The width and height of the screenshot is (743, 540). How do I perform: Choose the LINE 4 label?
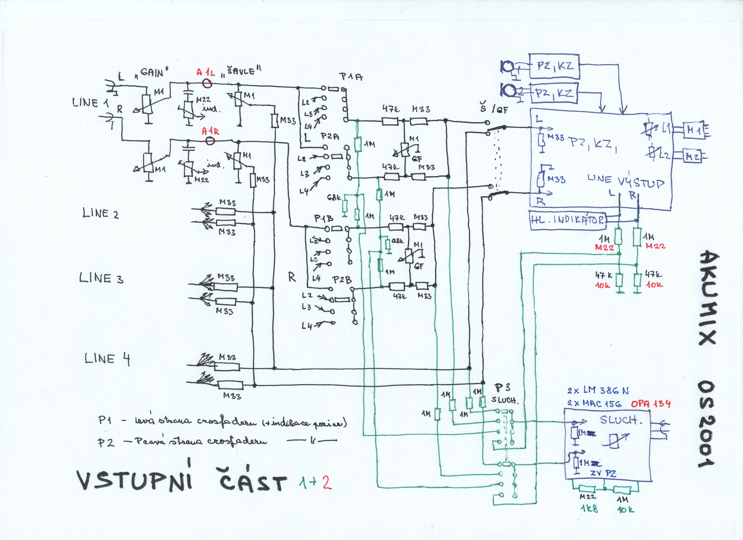click(x=107, y=359)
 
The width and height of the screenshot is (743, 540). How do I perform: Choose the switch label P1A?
click(x=351, y=77)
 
